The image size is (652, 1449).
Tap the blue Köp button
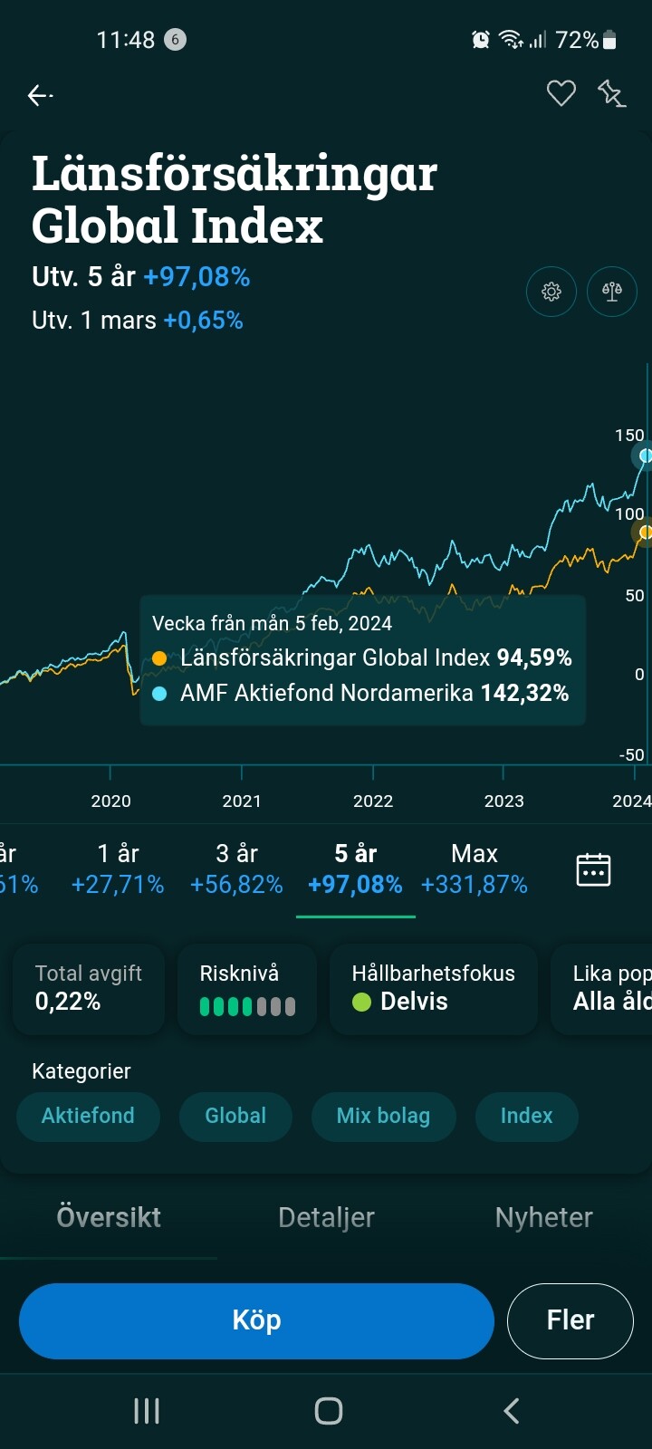point(256,1320)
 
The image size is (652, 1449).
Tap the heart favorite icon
point(561,93)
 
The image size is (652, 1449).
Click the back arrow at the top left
point(40,95)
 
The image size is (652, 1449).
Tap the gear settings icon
point(551,292)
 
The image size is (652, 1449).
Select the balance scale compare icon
point(612,292)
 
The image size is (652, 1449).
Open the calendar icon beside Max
point(593,869)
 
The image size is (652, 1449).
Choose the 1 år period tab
point(118,868)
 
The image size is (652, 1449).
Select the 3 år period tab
point(236,868)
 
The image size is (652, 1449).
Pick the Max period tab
point(475,868)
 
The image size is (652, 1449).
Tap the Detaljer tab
point(326,1217)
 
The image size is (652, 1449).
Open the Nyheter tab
point(543,1217)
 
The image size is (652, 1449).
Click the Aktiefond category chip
point(88,1116)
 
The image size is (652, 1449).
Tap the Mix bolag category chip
point(383,1116)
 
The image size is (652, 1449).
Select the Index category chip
point(526,1116)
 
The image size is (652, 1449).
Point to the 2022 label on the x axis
point(373,801)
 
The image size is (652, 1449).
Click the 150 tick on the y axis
point(629,436)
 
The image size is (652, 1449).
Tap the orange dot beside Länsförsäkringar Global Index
point(159,658)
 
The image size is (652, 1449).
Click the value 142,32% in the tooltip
point(524,694)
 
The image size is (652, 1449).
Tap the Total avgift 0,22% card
point(88,988)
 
